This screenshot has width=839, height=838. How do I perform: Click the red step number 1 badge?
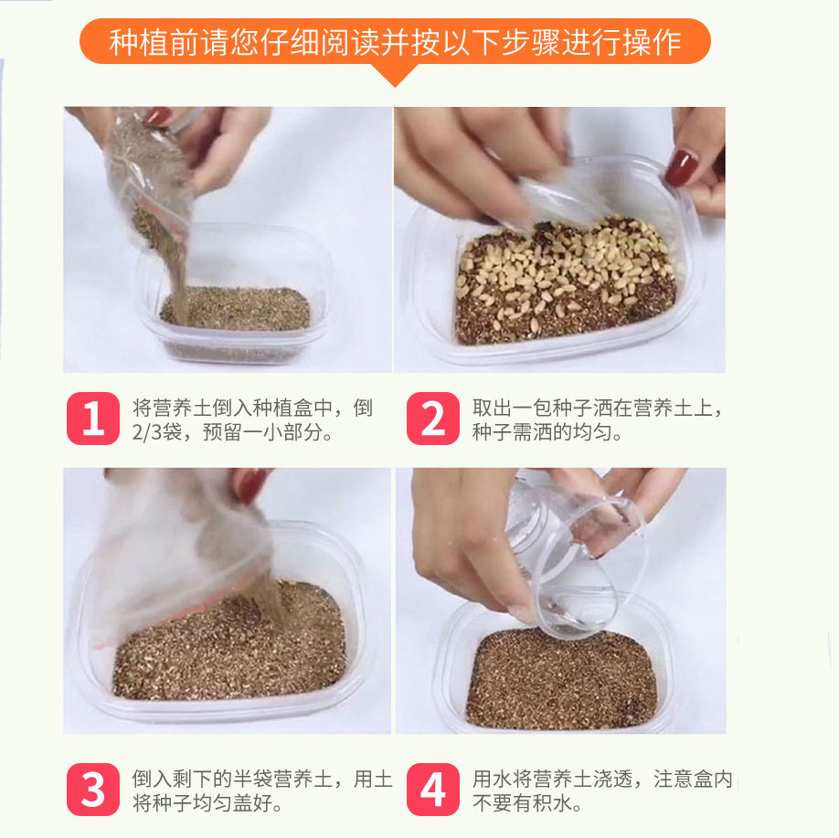click(93, 419)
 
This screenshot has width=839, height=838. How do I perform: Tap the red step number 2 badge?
click(433, 419)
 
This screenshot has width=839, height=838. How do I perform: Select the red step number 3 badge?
click(93, 790)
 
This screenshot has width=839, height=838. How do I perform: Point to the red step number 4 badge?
click(433, 790)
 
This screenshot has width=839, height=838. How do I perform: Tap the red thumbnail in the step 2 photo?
click(681, 168)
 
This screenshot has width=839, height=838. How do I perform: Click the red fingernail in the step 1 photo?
click(158, 115)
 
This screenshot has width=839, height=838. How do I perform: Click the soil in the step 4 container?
click(561, 679)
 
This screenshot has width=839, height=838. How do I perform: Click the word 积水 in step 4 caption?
click(552, 802)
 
